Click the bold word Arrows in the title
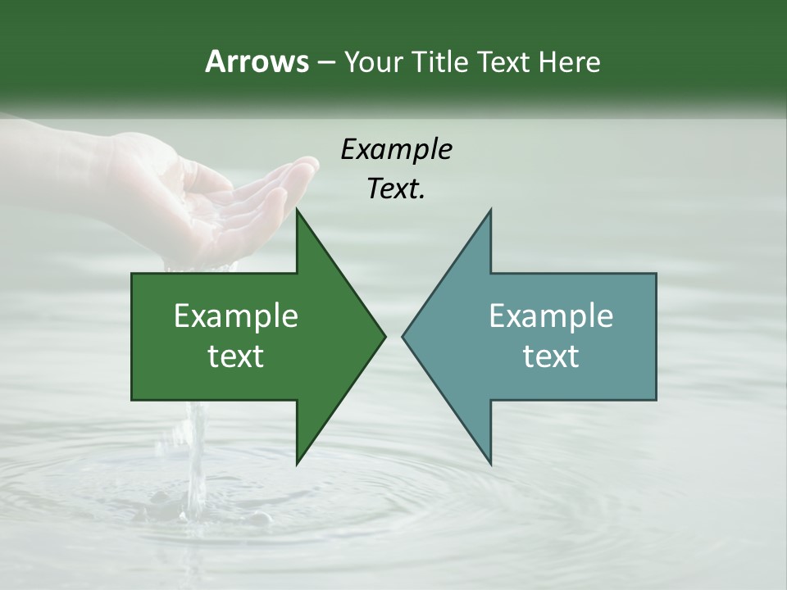pos(256,61)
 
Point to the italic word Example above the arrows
pos(396,150)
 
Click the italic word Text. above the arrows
pos(396,188)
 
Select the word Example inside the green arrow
pos(236,316)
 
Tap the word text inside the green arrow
pos(236,356)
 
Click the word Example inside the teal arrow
pos(551,316)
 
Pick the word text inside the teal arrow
pos(551,356)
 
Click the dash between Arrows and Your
pos(325,62)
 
